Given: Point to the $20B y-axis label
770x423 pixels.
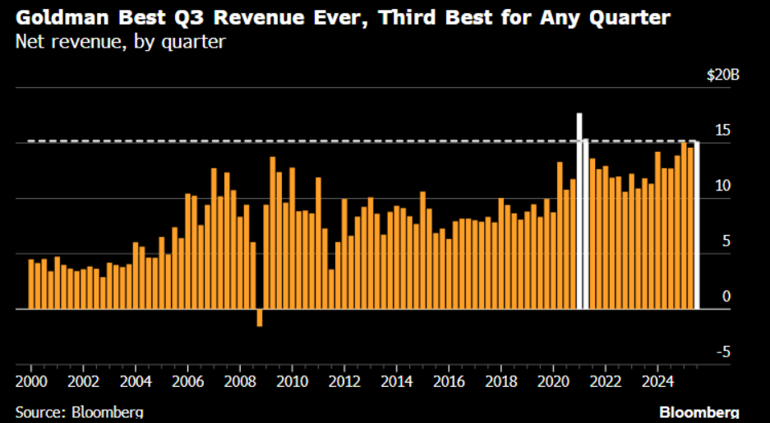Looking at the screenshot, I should [723, 75].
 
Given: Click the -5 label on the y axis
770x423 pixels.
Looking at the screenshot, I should [722, 352].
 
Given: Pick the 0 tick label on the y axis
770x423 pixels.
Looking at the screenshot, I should [726, 296].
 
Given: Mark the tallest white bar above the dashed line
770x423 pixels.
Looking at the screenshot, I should [579, 210].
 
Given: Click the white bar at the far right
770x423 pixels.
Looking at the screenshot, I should [697, 225].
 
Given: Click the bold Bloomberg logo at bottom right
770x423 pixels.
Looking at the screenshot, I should [699, 412].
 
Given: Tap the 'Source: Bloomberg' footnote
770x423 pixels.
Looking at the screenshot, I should [79, 412].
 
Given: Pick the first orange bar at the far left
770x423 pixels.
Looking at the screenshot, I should [31, 284].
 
